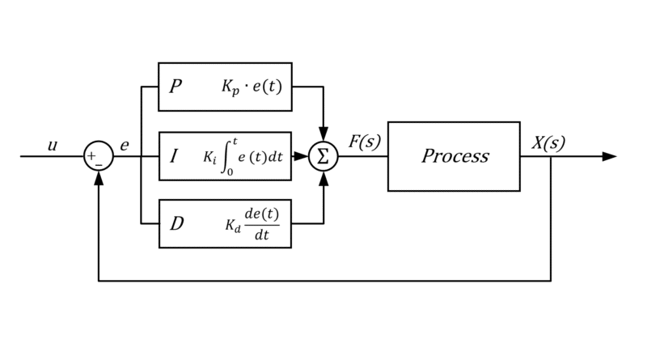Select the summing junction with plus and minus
99,156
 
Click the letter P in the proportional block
175,85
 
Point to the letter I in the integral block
175,155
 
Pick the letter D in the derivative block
176,223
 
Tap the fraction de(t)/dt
262,223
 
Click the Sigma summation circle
323,156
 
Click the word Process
454,155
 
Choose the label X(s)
548,143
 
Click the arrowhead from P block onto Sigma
323,135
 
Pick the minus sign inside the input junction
99,163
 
